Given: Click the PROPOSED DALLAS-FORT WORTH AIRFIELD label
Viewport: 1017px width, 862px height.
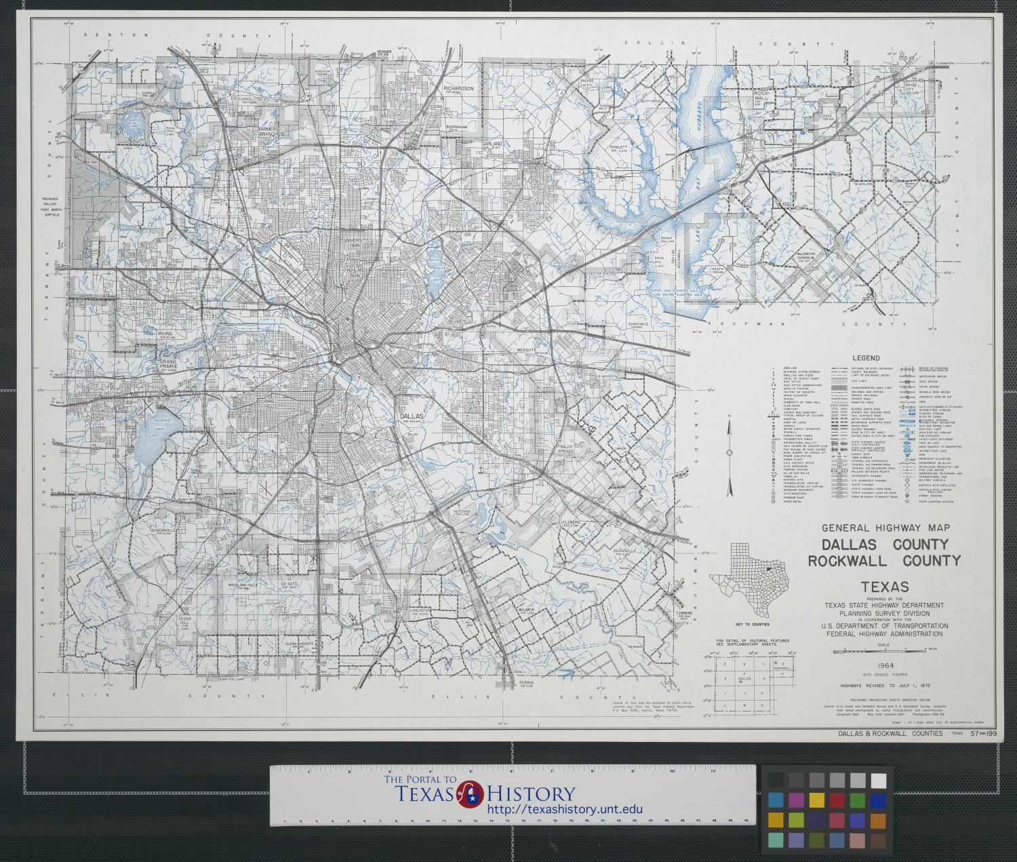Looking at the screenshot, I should [52, 205].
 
